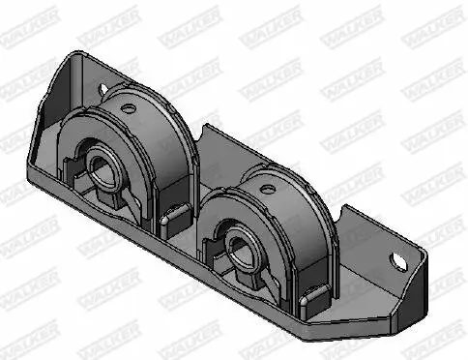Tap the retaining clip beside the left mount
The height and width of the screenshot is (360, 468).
[x=175, y=218]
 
